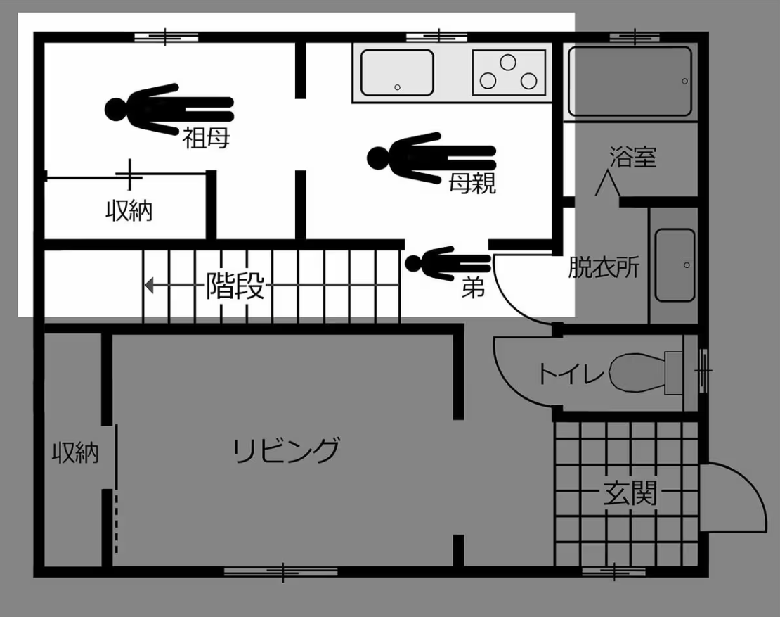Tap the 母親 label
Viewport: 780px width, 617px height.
472,183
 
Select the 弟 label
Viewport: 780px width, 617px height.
473,287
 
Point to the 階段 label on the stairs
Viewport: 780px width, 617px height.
235,286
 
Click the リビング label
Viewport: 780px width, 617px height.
287,450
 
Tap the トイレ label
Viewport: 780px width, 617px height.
571,373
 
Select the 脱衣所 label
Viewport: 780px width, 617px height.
604,267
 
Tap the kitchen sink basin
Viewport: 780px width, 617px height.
397,72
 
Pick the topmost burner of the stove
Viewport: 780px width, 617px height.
508,63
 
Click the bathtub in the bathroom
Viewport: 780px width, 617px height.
630,82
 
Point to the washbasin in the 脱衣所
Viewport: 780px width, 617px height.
675,265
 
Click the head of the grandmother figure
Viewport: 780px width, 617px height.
116,109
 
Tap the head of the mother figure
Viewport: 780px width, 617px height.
379,158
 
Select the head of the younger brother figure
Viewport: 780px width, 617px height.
413,263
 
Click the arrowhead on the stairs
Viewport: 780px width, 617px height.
149,286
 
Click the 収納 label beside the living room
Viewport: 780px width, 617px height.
76,453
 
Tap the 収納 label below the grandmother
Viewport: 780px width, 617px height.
129,210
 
